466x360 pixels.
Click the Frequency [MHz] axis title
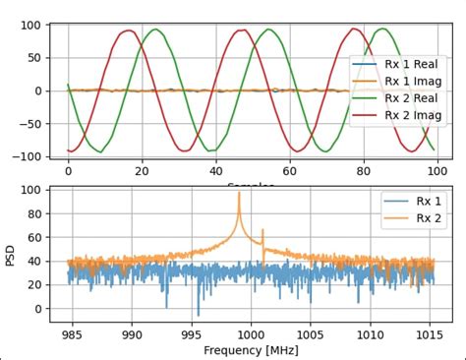251,350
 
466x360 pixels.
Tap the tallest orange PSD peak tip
239,193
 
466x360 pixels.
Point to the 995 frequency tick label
190,333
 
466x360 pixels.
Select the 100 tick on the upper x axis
433,169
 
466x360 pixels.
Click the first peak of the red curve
128,30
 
